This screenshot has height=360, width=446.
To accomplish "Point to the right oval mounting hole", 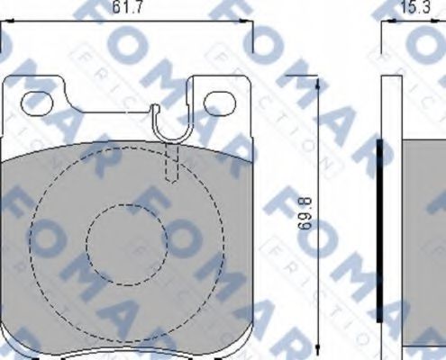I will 219,103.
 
